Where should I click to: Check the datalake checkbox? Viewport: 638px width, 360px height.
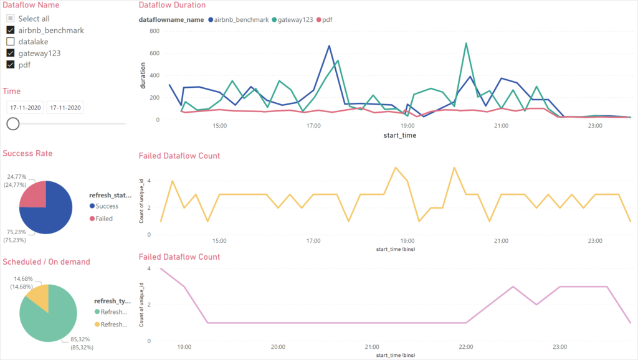(11, 41)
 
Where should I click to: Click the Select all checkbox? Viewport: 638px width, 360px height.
(11, 19)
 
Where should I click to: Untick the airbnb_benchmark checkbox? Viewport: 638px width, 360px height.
(11, 30)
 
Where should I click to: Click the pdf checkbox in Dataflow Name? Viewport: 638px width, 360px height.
(11, 64)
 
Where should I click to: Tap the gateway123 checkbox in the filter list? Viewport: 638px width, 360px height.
(11, 53)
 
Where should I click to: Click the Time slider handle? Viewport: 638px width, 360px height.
(12, 123)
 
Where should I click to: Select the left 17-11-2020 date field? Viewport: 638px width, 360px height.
(25, 108)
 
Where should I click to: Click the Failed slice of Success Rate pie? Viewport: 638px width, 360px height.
(34, 194)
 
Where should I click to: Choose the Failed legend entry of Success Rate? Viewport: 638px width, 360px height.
(104, 219)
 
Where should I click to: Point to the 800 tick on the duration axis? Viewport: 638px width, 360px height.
(155, 31)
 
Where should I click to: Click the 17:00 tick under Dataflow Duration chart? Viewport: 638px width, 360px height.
(313, 126)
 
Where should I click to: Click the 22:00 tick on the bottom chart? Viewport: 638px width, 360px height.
(465, 347)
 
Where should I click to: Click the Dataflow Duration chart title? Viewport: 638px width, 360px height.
(171, 5)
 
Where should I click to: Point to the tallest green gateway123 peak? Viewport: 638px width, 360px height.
(465, 44)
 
